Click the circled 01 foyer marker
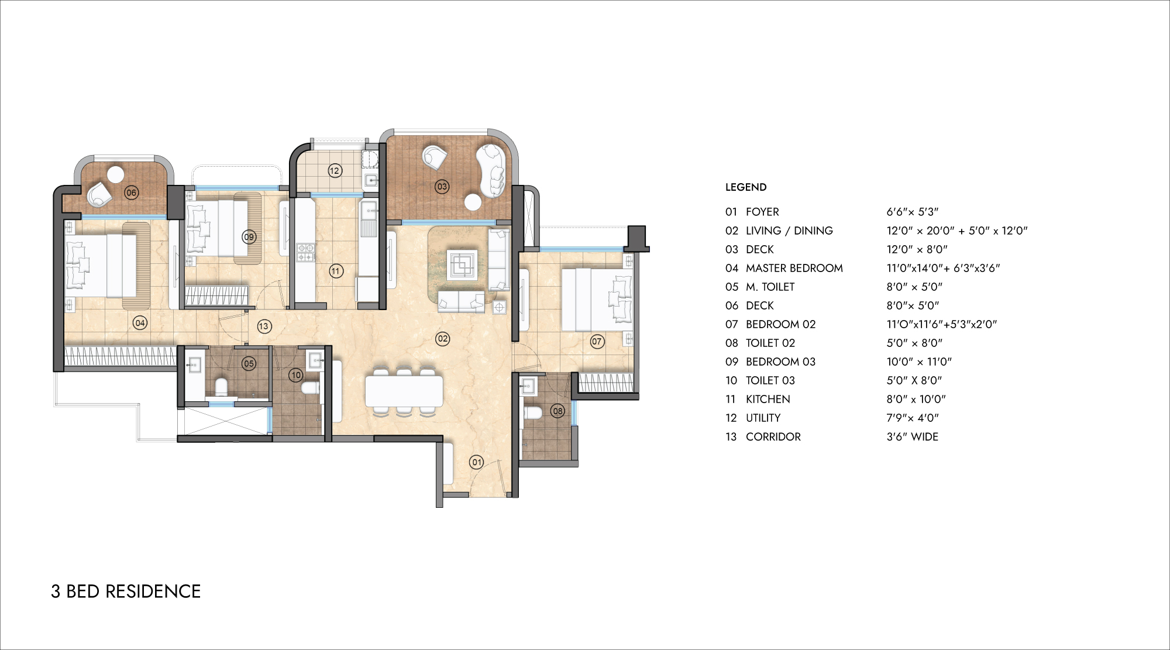(x=477, y=462)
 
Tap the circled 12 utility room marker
(x=335, y=171)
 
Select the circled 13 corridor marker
(x=264, y=326)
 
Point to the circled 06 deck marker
(x=132, y=192)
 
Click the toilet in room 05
(x=221, y=387)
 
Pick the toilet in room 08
(x=533, y=412)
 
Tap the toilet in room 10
(x=310, y=387)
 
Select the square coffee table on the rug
(x=462, y=265)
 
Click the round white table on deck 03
(x=473, y=202)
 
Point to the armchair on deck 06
(x=99, y=194)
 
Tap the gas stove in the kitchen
(x=306, y=252)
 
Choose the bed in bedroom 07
(x=597, y=300)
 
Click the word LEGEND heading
(x=746, y=187)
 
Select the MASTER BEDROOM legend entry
(x=794, y=268)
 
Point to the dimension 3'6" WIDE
(x=913, y=436)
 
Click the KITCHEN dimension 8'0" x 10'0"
(x=916, y=399)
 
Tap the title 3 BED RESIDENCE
(x=126, y=591)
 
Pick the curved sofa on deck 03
(x=491, y=170)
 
